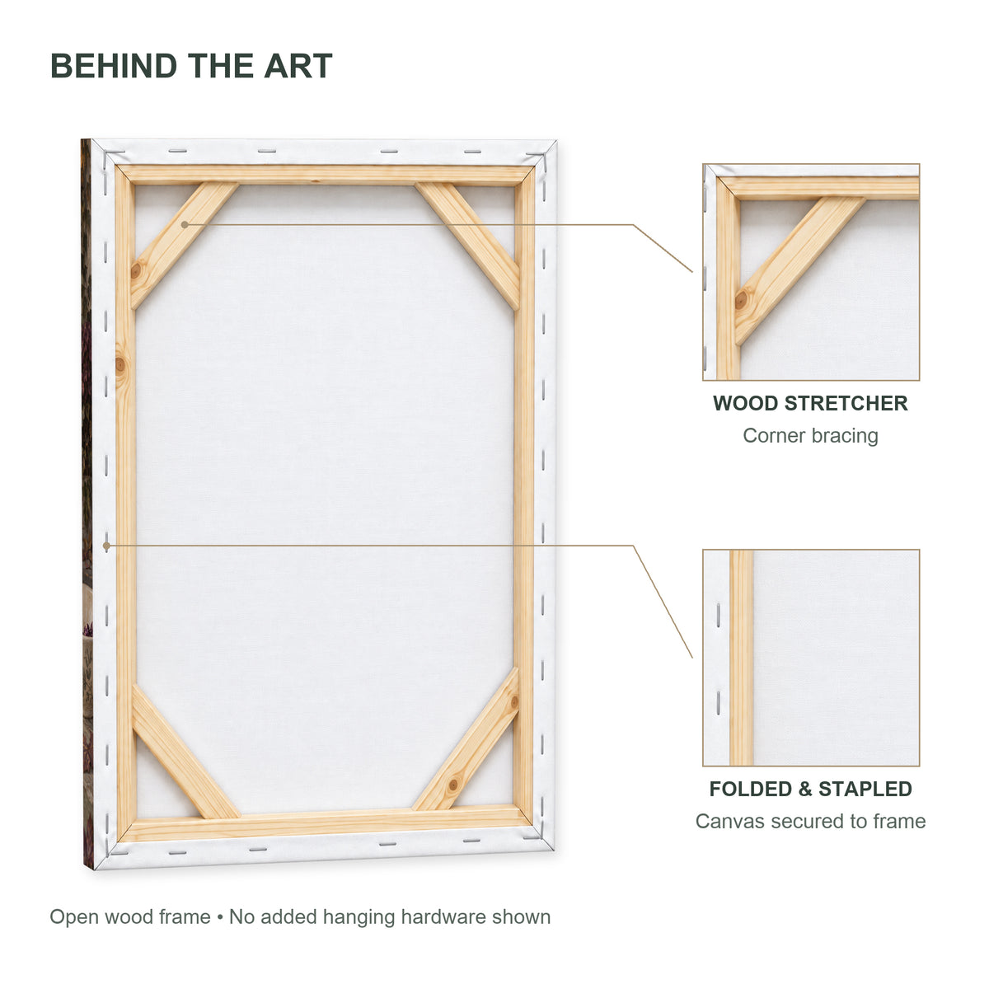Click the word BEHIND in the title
[114, 66]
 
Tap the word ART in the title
[298, 66]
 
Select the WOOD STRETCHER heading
[810, 403]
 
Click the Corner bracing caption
[810, 436]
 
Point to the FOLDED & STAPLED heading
[810, 789]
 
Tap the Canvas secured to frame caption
[810, 821]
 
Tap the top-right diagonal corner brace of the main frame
[468, 246]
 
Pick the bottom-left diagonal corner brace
[184, 750]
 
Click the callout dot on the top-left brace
[185, 225]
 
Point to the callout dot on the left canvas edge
[106, 546]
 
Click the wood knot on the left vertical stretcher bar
[120, 365]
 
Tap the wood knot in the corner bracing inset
[741, 300]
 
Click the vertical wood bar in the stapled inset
[741, 658]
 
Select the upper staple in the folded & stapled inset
[718, 615]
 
